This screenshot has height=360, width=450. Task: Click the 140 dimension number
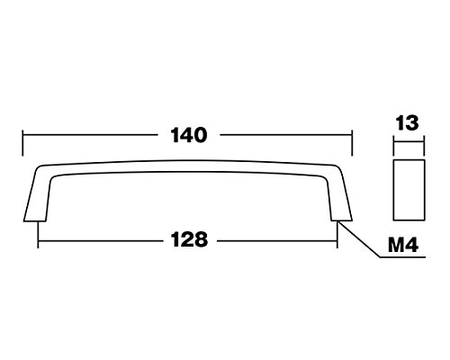click(189, 135)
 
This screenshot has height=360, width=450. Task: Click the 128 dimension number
click(189, 239)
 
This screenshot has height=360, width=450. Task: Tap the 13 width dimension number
click(407, 123)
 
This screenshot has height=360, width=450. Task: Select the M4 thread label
click(403, 246)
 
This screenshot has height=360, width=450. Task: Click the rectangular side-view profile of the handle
click(409, 190)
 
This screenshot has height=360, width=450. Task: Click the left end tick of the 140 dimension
click(22, 143)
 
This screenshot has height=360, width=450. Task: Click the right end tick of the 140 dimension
click(352, 143)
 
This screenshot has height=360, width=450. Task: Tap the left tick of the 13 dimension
click(393, 146)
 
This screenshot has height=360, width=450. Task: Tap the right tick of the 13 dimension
click(424, 146)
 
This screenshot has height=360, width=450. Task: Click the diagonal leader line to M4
click(359, 239)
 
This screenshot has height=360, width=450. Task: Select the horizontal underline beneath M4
click(402, 256)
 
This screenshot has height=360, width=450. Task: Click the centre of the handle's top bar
click(188, 166)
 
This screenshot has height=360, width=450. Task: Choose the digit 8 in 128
click(201, 239)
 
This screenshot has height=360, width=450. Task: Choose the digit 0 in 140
click(201, 135)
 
